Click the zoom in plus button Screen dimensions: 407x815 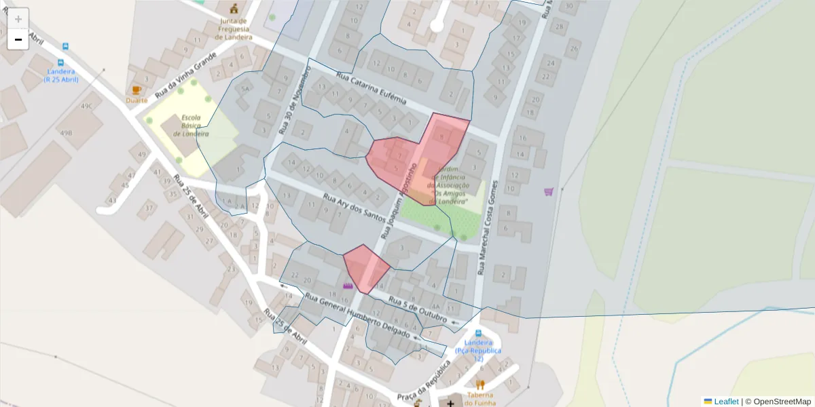click(18, 19)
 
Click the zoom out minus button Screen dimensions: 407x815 click(18, 39)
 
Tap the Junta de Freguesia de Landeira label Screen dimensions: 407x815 click(234, 29)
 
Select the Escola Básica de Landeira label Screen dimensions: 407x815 click(191, 125)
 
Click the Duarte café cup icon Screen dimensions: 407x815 click(137, 90)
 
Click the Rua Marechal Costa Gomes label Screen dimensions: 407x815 click(488, 227)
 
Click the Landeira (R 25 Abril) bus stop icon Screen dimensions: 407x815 click(65, 47)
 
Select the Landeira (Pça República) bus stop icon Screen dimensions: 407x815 click(478, 333)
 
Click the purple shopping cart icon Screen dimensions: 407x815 click(549, 191)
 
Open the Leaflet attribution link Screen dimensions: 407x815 click(725, 402)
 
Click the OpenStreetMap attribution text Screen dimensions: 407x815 click(782, 402)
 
